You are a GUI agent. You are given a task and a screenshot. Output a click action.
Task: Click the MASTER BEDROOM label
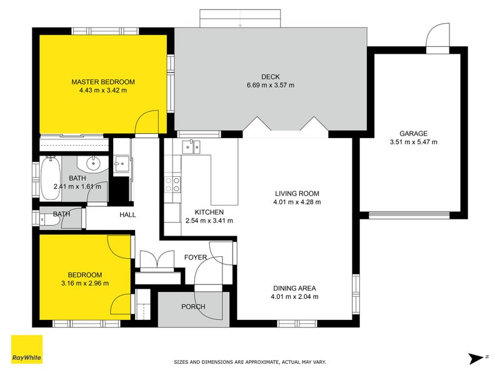coord(103,82)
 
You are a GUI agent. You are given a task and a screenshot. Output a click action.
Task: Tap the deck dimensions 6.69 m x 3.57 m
coord(270,85)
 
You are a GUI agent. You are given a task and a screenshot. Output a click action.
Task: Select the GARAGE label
coord(414,133)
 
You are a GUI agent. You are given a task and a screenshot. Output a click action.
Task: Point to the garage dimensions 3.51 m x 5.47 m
coord(414,142)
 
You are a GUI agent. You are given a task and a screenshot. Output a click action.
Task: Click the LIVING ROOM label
coord(297,193)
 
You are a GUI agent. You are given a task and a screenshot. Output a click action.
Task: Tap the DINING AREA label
coord(294,288)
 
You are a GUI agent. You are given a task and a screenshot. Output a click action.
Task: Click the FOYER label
coord(195,257)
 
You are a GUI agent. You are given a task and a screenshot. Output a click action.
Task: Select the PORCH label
coord(192,307)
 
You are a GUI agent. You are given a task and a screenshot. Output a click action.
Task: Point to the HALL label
coord(127,215)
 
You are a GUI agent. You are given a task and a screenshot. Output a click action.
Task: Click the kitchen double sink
coord(191,147)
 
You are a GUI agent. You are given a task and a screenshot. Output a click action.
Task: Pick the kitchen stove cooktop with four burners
coord(172,184)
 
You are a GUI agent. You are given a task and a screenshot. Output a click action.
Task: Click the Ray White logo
coord(27,349)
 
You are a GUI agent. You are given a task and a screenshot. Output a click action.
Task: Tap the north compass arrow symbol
coord(476,357)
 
